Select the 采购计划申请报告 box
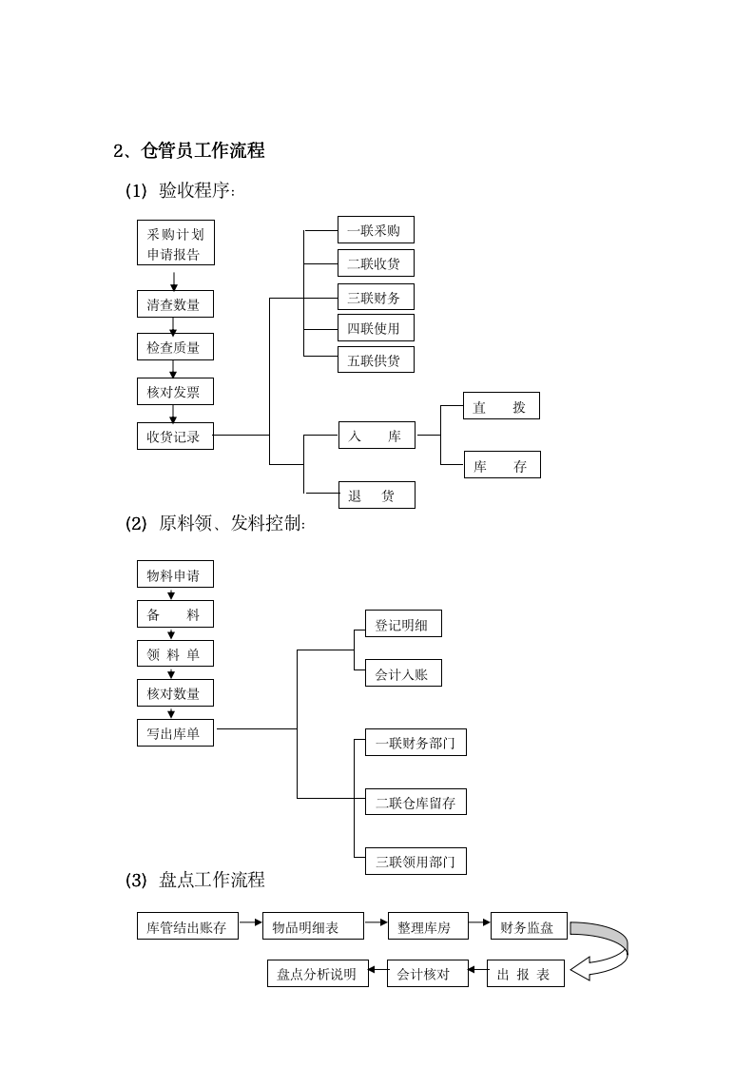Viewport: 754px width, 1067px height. coord(175,243)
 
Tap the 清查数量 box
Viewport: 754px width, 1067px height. coord(175,304)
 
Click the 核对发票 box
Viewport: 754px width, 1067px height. coord(175,392)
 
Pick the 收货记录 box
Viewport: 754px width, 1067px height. coord(175,436)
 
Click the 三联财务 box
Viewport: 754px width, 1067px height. coord(376,298)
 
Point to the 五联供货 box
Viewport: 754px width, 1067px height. coord(376,359)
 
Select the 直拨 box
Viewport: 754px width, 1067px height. coord(501,406)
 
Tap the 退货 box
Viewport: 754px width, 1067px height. coord(376,495)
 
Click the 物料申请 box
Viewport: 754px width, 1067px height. coord(175,574)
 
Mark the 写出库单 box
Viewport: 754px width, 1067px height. coord(175,733)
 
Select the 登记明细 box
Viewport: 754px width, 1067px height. coord(403,625)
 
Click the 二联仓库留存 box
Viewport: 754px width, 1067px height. coord(416,803)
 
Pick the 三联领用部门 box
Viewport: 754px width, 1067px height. coord(416,863)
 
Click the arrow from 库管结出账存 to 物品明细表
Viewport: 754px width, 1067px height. coord(249,921)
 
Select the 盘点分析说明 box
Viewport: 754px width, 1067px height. coord(317,974)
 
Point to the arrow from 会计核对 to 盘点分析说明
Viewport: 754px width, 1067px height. coord(377,970)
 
